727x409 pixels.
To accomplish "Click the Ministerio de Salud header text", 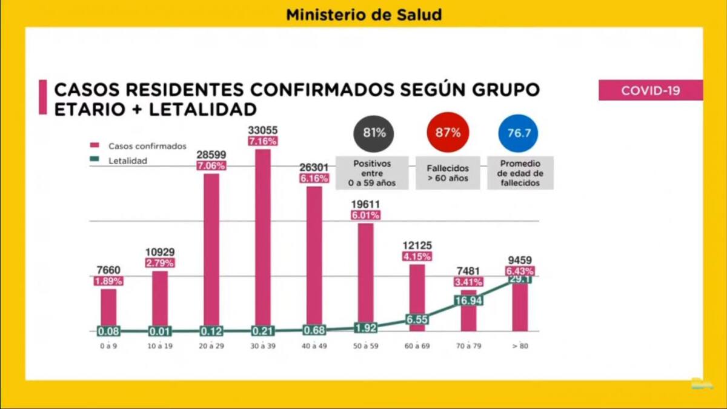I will click(363, 15).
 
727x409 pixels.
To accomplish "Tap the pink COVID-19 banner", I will click(650, 90).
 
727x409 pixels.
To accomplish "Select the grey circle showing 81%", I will click(374, 133).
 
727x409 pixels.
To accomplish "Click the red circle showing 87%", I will click(447, 133).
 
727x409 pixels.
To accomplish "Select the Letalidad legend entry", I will click(128, 161).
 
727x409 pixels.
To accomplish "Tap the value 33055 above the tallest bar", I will click(262, 129).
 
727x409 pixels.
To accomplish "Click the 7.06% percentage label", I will click(211, 165).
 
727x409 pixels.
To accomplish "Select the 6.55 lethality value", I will click(417, 319).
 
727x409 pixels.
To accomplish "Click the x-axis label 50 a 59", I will click(366, 347).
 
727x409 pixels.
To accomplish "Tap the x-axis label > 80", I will click(520, 347).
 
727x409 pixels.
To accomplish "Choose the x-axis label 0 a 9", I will click(108, 347).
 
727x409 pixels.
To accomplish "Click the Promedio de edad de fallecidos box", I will click(520, 173).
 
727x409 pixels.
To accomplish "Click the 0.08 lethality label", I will click(108, 331).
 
